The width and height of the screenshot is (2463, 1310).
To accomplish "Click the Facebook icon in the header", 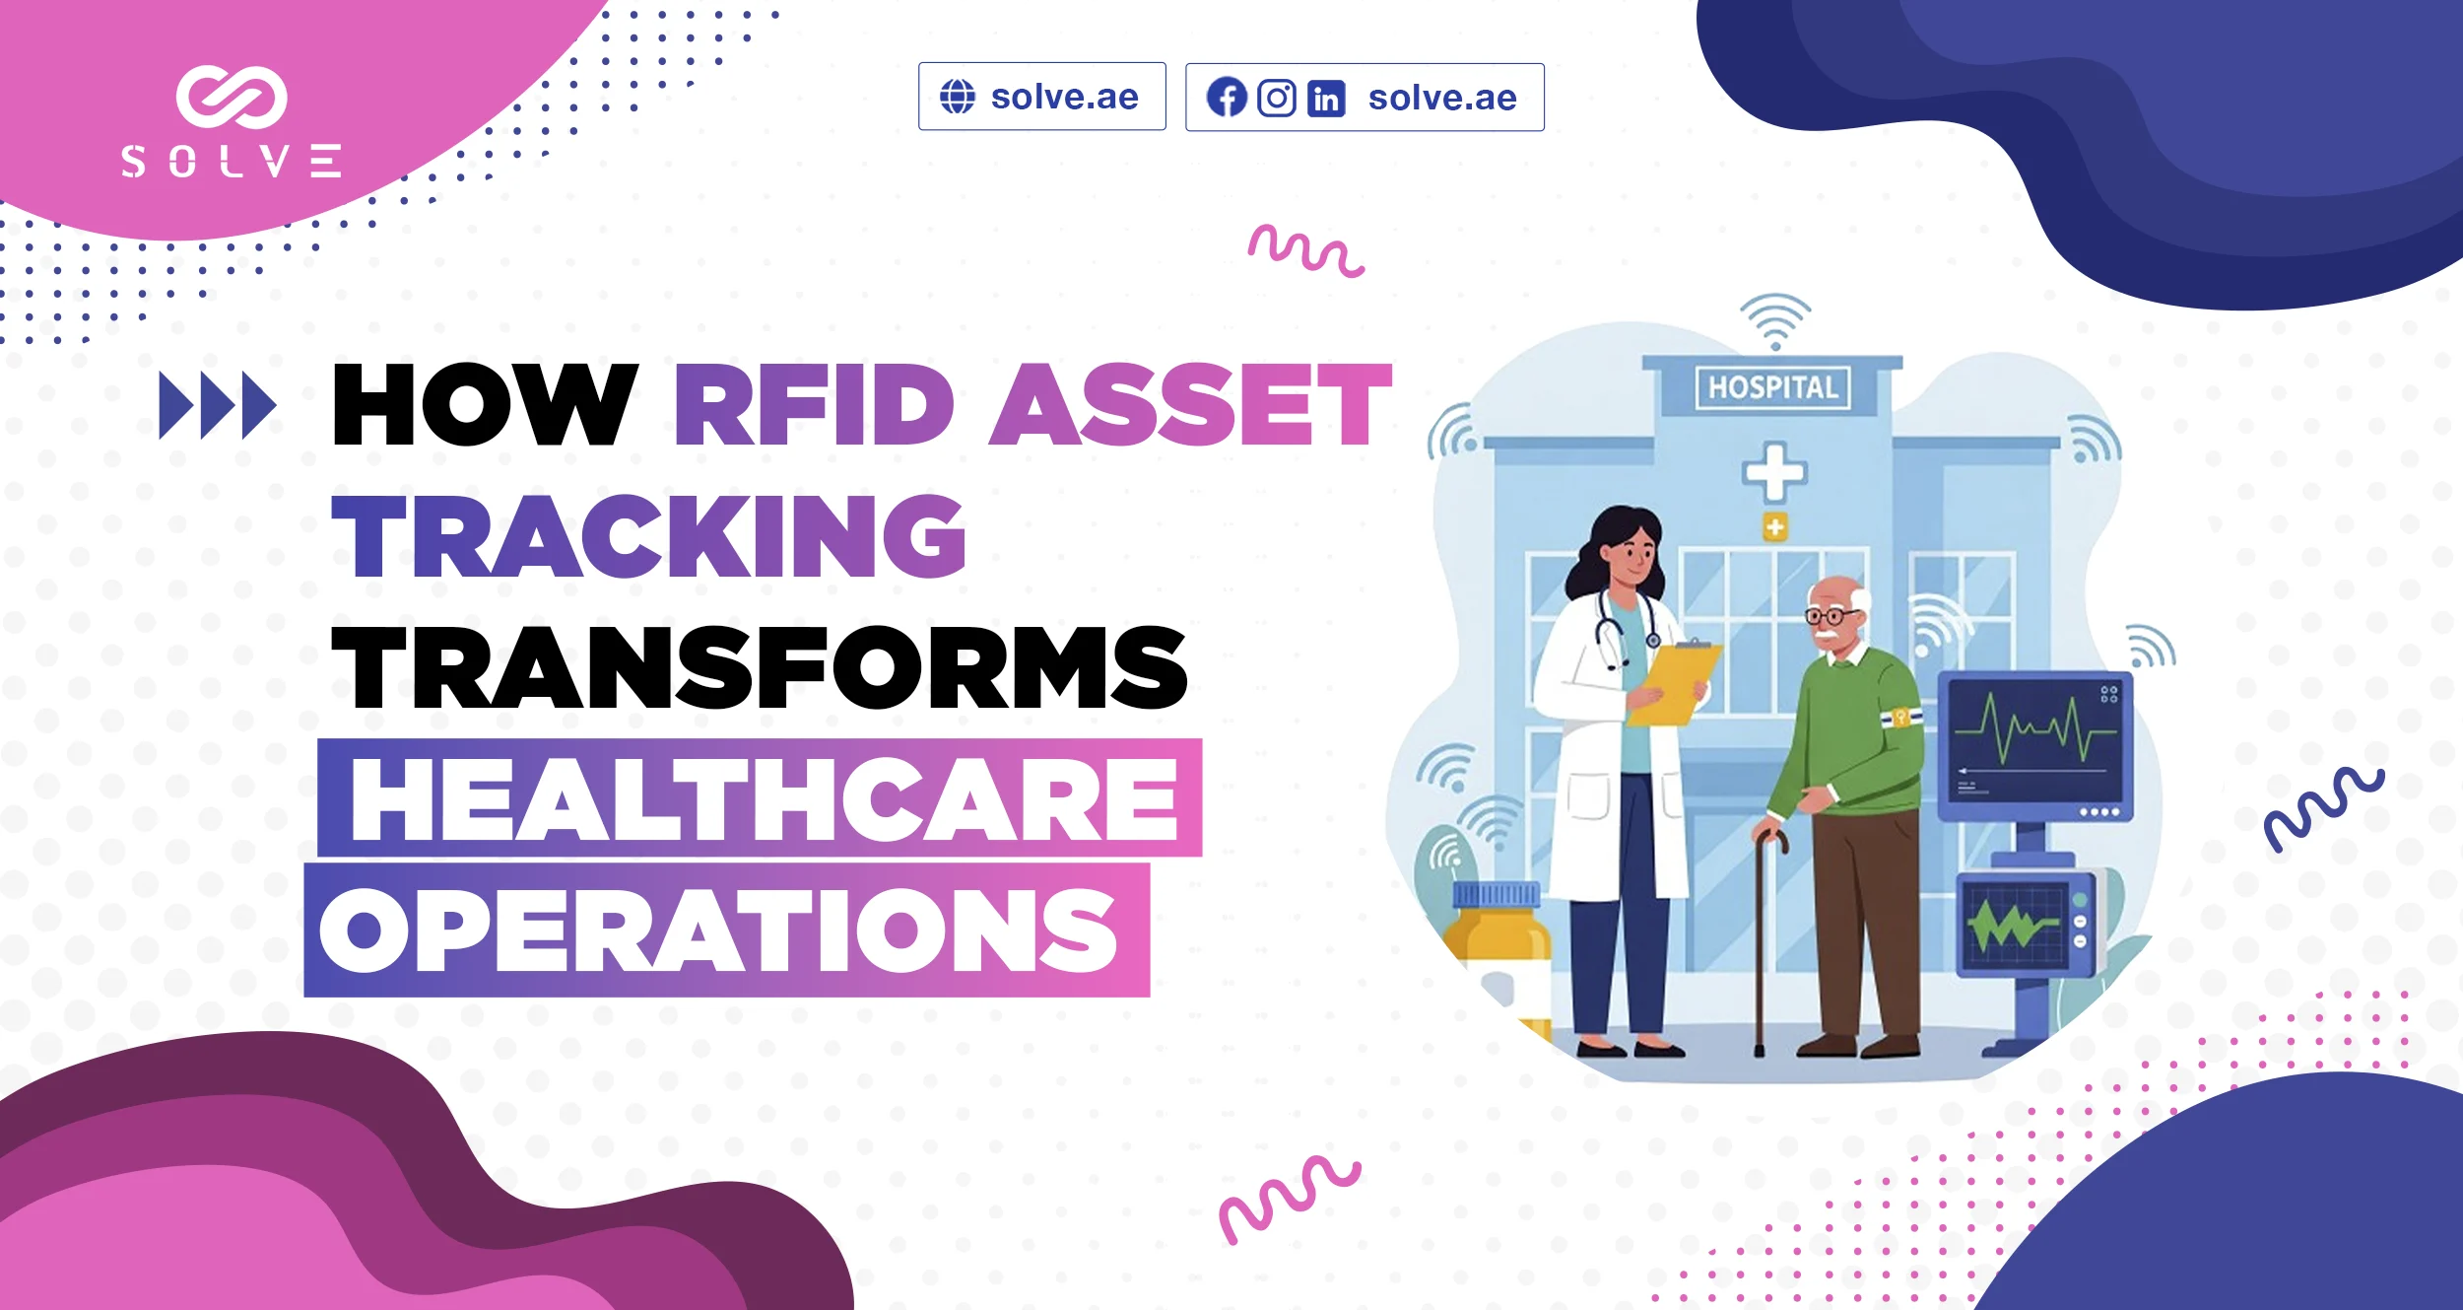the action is (1227, 98).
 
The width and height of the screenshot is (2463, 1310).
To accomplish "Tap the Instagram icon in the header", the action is (1277, 98).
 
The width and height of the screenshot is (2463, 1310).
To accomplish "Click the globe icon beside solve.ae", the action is (957, 97).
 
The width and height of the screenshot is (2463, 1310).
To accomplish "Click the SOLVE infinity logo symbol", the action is (232, 97).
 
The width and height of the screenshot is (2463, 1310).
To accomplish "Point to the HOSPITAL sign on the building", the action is (1773, 387).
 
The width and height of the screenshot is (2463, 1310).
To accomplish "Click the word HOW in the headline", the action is (485, 404).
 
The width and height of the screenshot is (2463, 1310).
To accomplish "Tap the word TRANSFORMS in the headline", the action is (760, 667).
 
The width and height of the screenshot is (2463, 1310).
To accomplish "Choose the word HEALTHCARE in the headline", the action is (765, 799).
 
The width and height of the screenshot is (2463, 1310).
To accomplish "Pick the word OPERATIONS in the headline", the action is (718, 930).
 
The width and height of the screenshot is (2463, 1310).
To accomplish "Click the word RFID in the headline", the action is (814, 404).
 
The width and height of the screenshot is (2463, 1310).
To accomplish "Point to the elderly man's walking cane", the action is (1763, 941).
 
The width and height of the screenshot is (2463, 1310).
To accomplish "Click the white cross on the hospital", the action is (1774, 472).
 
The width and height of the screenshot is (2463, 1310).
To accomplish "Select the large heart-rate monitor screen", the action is (2035, 746).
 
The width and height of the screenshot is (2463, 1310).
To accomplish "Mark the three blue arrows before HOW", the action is (218, 405).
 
